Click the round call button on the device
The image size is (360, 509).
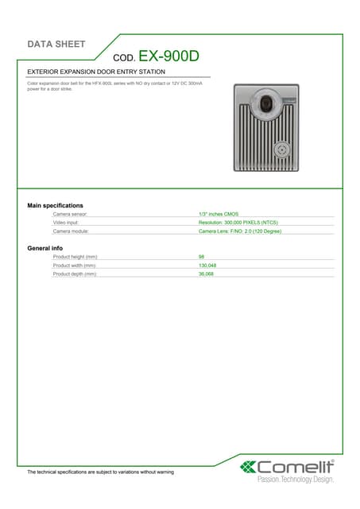click(x=281, y=150)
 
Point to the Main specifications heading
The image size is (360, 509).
click(x=56, y=206)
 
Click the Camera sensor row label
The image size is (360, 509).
click(x=75, y=215)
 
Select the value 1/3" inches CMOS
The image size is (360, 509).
click(x=219, y=215)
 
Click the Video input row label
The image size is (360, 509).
click(x=71, y=223)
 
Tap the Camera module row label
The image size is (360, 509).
click(x=75, y=231)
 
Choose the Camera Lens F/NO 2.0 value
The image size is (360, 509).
click(x=240, y=231)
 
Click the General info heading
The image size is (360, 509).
click(x=45, y=248)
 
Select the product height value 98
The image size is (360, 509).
click(x=202, y=257)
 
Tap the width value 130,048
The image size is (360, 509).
click(x=207, y=265)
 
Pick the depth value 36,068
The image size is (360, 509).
click(x=206, y=274)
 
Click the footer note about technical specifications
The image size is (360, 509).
click(x=100, y=472)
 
